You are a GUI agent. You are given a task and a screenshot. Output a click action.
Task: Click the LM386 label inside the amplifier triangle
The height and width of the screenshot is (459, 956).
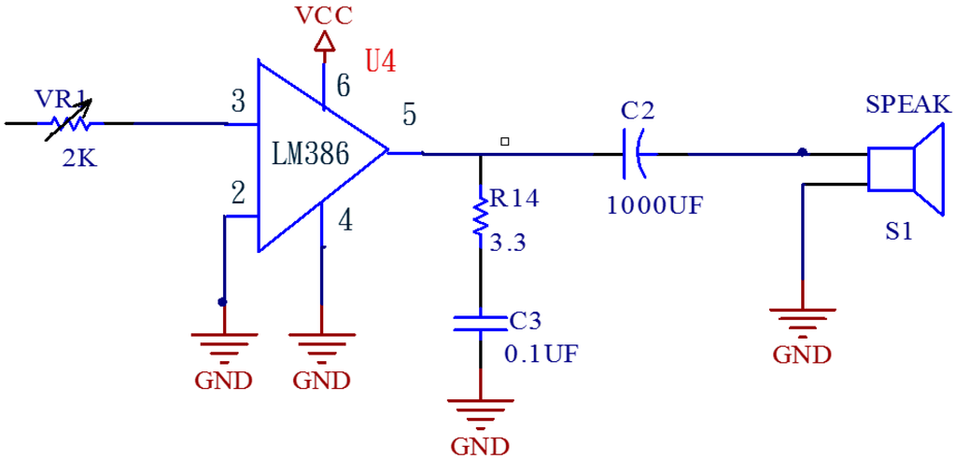311,154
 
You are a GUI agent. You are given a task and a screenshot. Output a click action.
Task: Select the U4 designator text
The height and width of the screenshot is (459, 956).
380,63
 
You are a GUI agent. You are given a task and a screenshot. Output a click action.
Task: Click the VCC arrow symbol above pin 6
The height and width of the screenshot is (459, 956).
324,42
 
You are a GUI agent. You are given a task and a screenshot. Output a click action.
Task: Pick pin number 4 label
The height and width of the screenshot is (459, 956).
344,222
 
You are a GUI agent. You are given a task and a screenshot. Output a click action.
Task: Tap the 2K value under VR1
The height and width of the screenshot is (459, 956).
79,159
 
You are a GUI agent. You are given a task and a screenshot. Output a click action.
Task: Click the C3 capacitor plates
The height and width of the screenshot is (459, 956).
480,323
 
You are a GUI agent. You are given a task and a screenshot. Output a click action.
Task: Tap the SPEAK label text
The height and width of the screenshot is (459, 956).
907,104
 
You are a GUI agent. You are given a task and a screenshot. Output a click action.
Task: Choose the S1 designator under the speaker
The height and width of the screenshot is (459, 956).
899,232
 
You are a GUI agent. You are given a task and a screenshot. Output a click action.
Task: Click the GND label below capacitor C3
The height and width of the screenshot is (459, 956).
480,444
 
